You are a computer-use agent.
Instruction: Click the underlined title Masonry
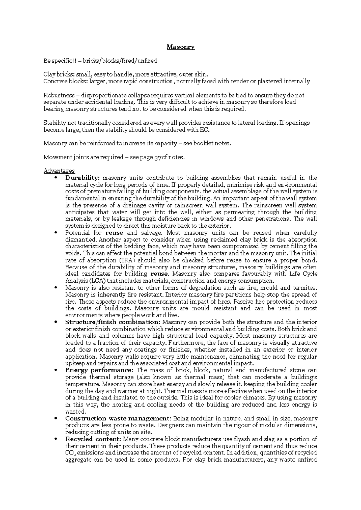(x=181, y=47)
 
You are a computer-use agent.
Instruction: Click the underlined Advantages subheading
(x=59, y=171)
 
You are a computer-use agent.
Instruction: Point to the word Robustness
(x=59, y=95)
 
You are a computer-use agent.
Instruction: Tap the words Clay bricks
(x=58, y=74)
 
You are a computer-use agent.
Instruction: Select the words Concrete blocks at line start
(x=63, y=81)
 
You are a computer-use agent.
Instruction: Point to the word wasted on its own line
(x=74, y=412)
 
